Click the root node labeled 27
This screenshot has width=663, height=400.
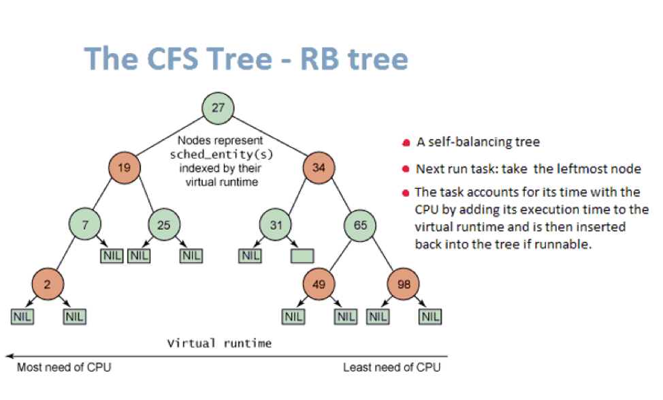(x=219, y=108)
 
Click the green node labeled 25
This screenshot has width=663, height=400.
(x=163, y=224)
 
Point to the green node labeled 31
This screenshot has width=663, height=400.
(x=274, y=224)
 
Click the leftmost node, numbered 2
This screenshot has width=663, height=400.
(x=47, y=284)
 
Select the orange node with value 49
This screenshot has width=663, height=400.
(x=319, y=284)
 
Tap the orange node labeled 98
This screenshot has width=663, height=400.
(x=404, y=284)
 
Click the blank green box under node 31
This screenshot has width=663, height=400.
(x=302, y=256)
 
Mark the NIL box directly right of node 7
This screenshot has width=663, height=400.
(x=110, y=256)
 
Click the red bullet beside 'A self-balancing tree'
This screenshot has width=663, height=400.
(x=406, y=143)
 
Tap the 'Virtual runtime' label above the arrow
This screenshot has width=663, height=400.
(x=219, y=343)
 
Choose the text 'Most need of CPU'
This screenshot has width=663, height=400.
(x=63, y=368)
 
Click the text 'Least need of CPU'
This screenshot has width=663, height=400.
(x=391, y=368)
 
